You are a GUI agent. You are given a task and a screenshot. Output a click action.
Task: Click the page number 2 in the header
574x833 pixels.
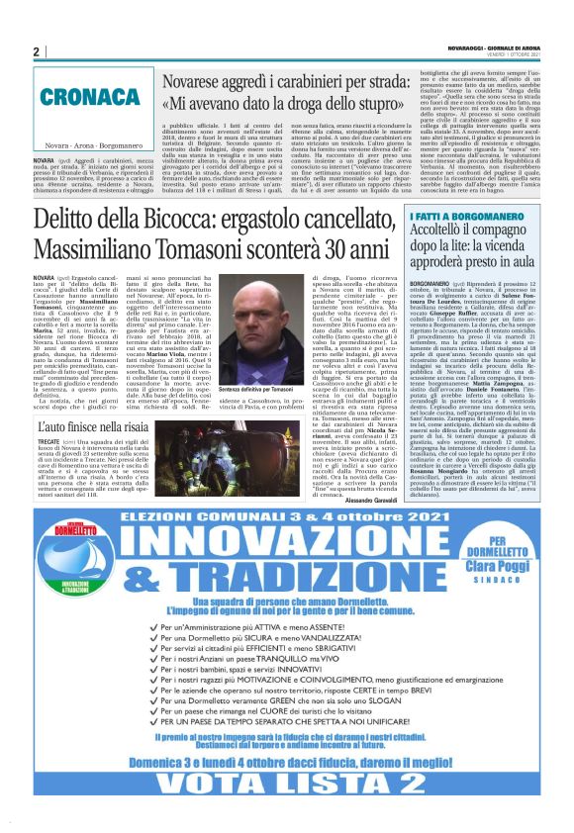36,50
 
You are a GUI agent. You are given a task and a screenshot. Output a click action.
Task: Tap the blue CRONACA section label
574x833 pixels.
92,98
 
